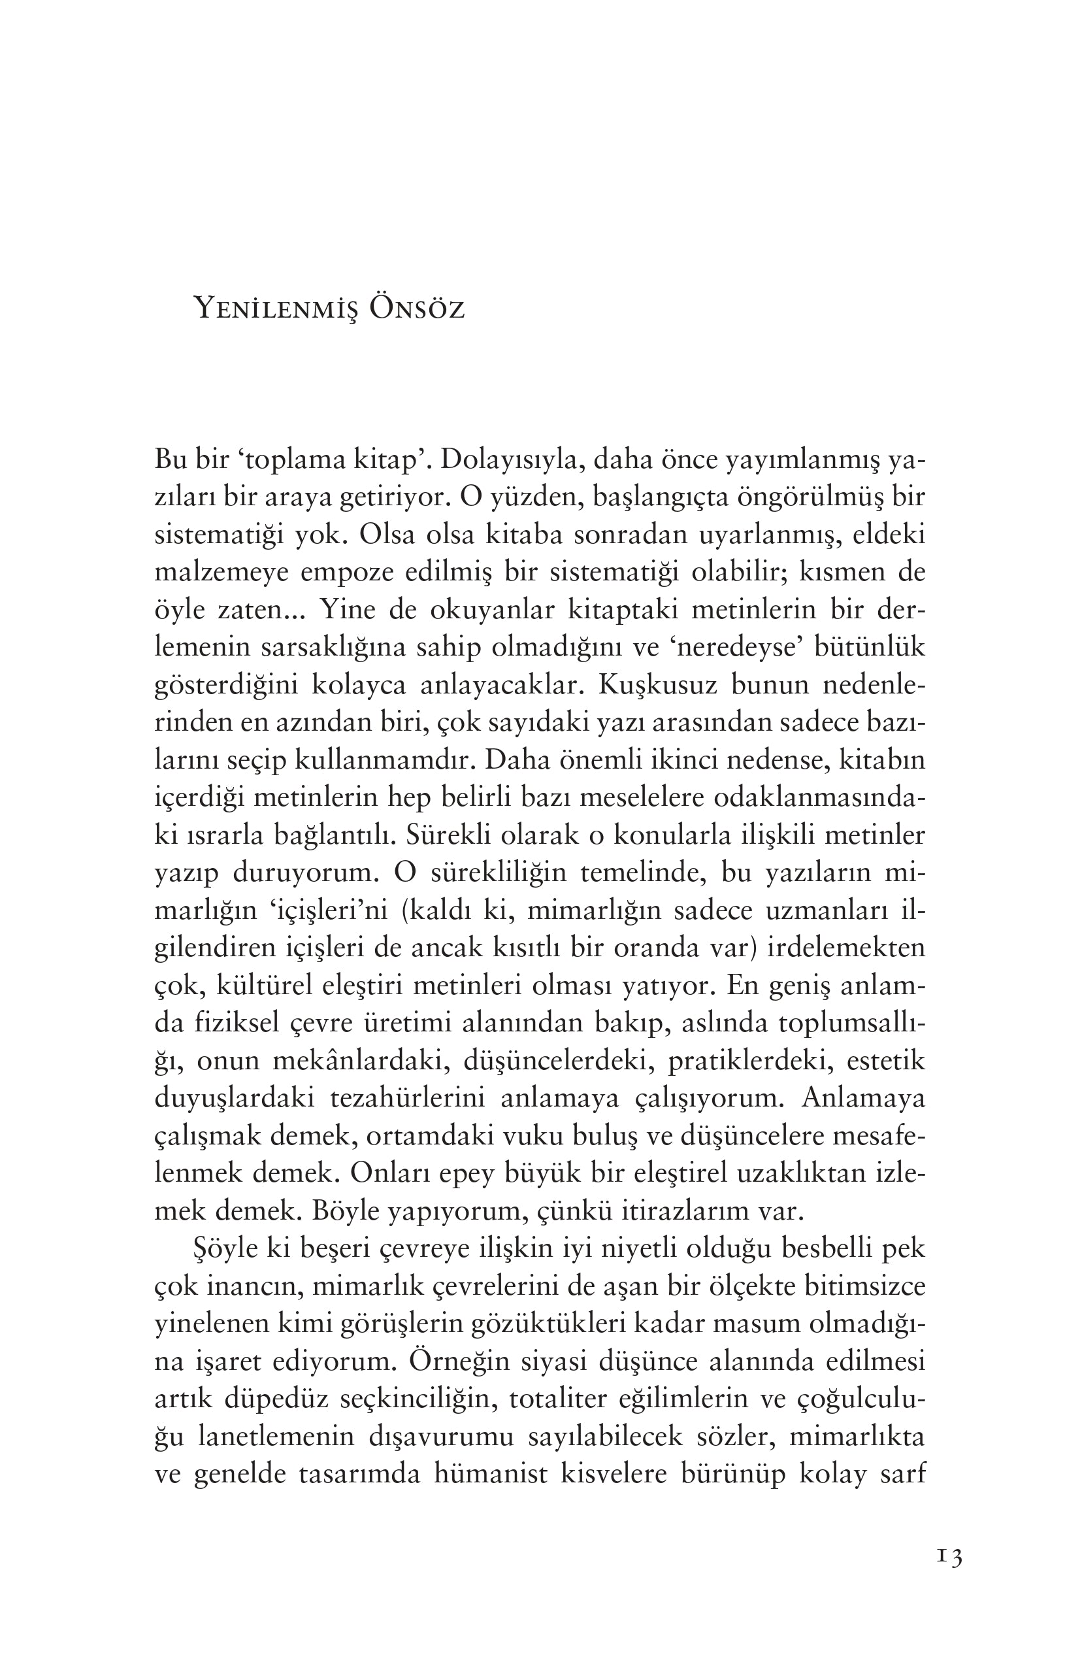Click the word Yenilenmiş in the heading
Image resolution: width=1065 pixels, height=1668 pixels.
coord(274,309)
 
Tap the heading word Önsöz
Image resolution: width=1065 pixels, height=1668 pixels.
coord(417,309)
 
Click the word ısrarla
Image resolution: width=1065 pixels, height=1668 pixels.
coord(221,836)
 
